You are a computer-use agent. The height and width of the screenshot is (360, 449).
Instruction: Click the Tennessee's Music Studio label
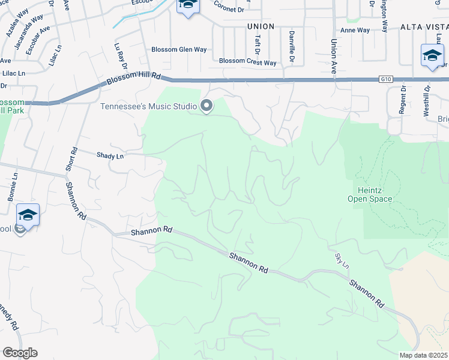pyautogui.click(x=148, y=107)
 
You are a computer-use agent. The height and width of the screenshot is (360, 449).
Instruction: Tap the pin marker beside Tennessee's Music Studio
pyautogui.click(x=207, y=106)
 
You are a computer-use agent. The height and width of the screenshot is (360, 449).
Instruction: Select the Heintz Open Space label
pyautogui.click(x=370, y=194)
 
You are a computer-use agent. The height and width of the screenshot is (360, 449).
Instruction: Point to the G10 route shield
pyautogui.click(x=385, y=79)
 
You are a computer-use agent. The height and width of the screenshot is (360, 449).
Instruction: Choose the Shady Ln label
pyautogui.click(x=110, y=155)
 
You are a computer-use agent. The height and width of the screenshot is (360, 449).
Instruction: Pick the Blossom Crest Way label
pyautogui.click(x=247, y=62)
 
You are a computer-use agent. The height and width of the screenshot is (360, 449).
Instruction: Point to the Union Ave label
pyautogui.click(x=333, y=56)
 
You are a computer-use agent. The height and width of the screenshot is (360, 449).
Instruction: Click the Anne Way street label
pyautogui.click(x=355, y=30)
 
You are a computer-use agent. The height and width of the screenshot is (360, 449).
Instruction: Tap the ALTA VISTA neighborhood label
pyautogui.click(x=424, y=27)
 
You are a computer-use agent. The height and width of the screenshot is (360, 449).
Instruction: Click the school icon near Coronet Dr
pyautogui.click(x=187, y=6)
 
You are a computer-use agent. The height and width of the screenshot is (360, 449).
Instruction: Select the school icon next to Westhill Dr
pyautogui.click(x=432, y=55)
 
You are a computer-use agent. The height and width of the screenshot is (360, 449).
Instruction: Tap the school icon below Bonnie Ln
pyautogui.click(x=28, y=214)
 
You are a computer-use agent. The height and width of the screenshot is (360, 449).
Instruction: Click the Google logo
pyautogui.click(x=20, y=352)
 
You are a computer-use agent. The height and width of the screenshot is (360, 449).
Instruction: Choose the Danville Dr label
pyautogui.click(x=292, y=46)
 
